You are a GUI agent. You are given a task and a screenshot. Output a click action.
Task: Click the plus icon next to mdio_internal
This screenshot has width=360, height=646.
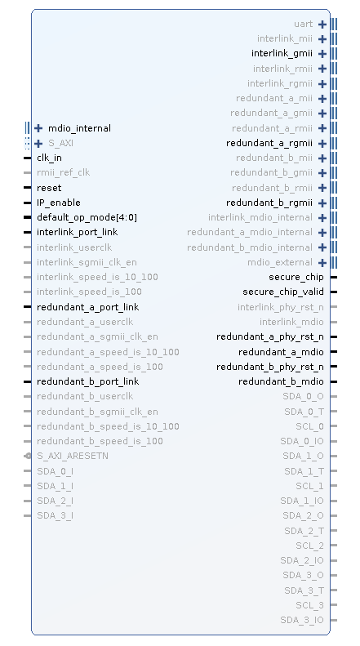[x=38, y=128]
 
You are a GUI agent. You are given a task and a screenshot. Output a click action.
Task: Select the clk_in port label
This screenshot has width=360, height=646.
[x=50, y=158]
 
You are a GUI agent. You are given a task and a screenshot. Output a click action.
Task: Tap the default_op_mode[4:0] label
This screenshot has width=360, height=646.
[x=87, y=217]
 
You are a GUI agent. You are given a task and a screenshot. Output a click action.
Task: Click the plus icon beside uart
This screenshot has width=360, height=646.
[x=322, y=25]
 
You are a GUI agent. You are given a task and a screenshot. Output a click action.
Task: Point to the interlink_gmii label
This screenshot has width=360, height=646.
[x=282, y=54]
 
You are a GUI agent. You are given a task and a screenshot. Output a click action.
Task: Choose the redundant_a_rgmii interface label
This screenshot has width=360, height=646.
[x=269, y=144]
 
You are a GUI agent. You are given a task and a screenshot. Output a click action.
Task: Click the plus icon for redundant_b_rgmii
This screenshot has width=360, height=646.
[x=322, y=203]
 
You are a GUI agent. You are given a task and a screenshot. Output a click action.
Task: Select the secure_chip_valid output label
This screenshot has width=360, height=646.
[x=283, y=292]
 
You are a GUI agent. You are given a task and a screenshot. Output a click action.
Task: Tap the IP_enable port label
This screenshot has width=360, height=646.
[x=59, y=203]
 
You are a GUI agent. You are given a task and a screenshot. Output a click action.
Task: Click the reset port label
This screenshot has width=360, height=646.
[x=49, y=188]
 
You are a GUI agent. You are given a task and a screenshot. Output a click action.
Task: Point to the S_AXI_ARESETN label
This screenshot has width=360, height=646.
[x=73, y=456]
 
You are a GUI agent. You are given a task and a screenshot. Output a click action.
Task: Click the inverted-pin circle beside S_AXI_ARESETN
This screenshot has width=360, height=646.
[x=28, y=456]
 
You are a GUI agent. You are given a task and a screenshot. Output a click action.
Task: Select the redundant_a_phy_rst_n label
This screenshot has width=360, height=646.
[x=270, y=337]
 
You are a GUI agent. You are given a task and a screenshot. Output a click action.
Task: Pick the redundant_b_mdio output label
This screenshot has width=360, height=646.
[x=282, y=381]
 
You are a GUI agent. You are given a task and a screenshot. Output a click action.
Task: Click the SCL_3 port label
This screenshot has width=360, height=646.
[x=309, y=605]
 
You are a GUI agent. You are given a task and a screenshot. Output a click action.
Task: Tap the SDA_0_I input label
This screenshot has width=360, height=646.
[x=56, y=471]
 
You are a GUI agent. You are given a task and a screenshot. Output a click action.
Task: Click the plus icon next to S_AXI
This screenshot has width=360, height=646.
[x=38, y=144]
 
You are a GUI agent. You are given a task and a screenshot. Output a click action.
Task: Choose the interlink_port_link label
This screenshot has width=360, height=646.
[x=78, y=233]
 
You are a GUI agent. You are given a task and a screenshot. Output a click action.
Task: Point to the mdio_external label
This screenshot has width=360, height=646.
[x=280, y=262]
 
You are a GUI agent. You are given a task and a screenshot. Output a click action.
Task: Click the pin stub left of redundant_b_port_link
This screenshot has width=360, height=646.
[x=28, y=382]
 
